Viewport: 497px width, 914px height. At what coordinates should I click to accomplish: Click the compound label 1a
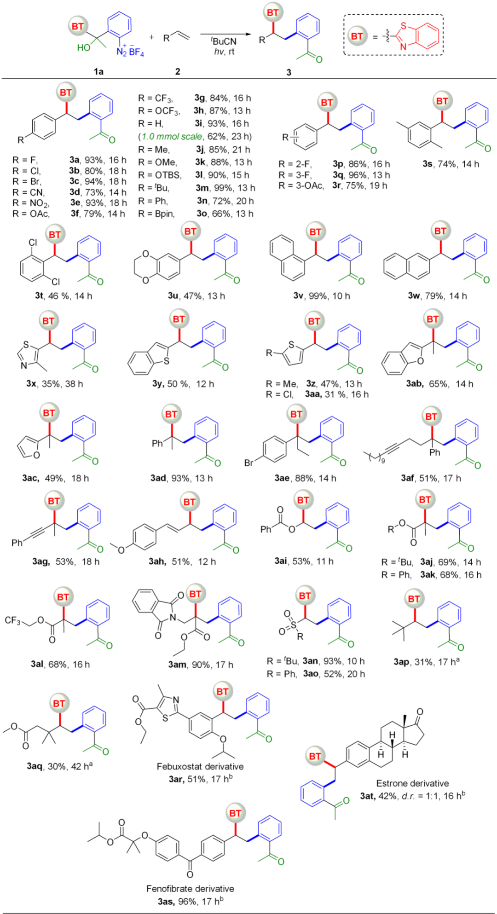pos(98,71)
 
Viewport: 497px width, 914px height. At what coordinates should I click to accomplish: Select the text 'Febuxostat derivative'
pos(200,766)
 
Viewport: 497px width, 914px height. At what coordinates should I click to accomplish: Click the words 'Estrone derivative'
pos(412,783)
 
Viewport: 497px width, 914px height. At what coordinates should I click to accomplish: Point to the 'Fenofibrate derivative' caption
pos(190,889)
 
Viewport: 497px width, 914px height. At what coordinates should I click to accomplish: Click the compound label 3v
pos(298,296)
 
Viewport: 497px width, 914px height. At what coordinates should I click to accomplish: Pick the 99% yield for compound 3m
pos(222,188)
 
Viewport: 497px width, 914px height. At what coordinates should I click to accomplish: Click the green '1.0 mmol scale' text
pos(172,137)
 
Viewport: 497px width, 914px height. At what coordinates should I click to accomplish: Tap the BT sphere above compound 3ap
pos(414,599)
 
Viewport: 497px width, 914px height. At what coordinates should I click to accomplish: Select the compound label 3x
pos(31,384)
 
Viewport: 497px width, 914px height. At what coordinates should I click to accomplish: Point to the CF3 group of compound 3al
pos(12,621)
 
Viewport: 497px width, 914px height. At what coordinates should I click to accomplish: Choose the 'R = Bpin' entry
pos(156,214)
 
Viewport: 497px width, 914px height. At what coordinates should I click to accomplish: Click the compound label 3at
pos(368,796)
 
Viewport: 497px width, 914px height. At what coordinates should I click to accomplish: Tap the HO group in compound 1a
pos(84,47)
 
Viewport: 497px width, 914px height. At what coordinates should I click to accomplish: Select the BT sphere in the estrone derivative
pos(315,756)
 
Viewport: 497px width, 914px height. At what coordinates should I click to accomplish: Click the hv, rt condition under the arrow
pos(224,52)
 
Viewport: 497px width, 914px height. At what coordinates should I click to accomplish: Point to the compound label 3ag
pos(41,561)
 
